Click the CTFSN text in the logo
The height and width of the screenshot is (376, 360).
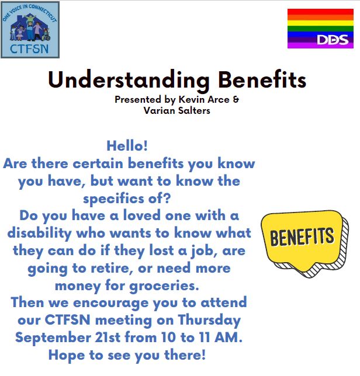point(29,49)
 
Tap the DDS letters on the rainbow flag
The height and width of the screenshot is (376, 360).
point(333,40)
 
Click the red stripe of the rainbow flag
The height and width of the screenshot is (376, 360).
point(320,12)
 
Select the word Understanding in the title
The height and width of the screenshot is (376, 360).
point(129,81)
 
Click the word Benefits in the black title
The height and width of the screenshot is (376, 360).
point(262,79)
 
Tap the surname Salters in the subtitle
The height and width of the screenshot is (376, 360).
point(194,110)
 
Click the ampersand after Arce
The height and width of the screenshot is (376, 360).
point(236,99)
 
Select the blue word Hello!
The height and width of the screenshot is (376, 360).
point(127,146)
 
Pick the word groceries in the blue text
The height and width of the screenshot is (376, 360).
point(164,286)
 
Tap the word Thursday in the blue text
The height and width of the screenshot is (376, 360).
point(209,321)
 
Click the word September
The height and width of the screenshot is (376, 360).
point(53,338)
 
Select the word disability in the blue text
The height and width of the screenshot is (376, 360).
point(40,234)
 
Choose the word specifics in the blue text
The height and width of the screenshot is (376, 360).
point(113,199)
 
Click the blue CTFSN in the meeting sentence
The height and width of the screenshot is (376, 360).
point(67,320)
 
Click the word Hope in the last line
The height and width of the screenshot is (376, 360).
point(67,356)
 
